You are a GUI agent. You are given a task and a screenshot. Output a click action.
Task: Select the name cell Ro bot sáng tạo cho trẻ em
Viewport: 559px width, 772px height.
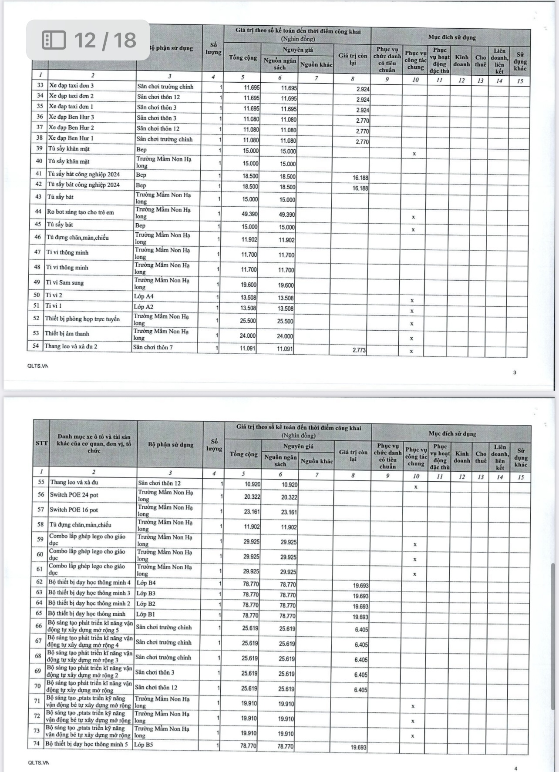coord(81,212)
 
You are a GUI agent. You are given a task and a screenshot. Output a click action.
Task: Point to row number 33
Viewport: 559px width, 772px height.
coord(40,85)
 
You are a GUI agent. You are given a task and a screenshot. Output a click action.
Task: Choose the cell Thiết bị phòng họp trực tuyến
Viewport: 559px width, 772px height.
coord(82,319)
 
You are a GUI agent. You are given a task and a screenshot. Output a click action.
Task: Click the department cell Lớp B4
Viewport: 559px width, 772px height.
coord(146,583)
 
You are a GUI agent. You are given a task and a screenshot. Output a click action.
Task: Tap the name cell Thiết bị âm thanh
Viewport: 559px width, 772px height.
coord(67,334)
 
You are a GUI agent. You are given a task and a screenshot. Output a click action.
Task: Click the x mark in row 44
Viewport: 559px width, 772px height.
coord(413,217)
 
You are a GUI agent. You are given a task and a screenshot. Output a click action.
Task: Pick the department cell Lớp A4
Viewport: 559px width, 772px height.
coord(144,296)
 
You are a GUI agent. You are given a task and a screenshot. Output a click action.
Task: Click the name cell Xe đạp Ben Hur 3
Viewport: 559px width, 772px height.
coord(71,117)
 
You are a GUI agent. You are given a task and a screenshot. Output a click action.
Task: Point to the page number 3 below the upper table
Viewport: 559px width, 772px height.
coord(515,373)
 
